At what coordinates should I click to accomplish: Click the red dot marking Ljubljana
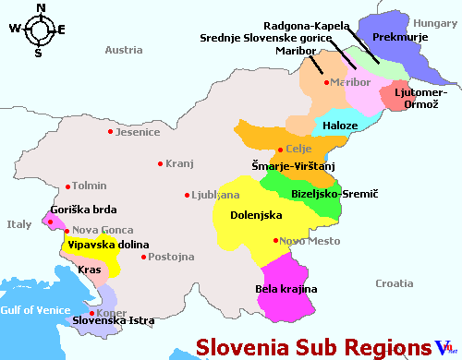click(x=188, y=195)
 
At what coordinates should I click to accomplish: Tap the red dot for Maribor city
click(x=326, y=83)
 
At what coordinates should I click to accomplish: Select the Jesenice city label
click(x=139, y=132)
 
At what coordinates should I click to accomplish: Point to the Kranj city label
click(x=179, y=164)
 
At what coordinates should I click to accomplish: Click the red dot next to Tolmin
click(x=66, y=186)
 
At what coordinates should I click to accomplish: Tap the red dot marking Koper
click(x=91, y=313)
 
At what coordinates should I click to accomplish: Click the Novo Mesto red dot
click(x=275, y=241)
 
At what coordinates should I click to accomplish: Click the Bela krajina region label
click(x=286, y=289)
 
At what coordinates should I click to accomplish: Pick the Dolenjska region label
click(x=255, y=216)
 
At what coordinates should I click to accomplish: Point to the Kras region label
click(x=90, y=270)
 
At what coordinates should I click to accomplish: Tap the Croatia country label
click(x=395, y=282)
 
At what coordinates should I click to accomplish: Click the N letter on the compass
click(x=39, y=8)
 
